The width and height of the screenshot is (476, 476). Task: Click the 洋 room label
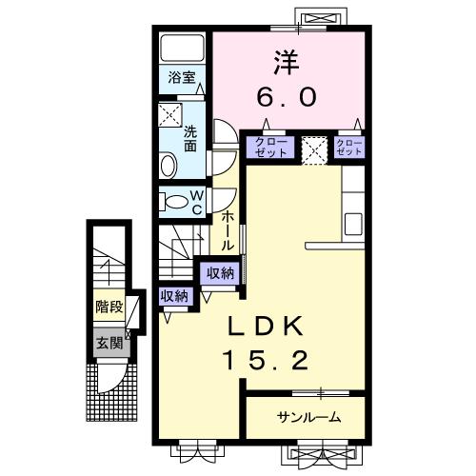pyautogui.click(x=288, y=63)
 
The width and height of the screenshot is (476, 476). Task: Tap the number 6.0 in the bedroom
pyautogui.click(x=288, y=96)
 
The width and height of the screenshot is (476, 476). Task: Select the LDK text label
pyautogui.click(x=266, y=327)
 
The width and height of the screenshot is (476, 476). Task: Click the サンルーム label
pyautogui.click(x=309, y=417)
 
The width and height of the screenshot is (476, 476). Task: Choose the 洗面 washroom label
pyautogui.click(x=190, y=140)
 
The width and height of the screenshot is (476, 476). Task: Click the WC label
pyautogui.click(x=197, y=202)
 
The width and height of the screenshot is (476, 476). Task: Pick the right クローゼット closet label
pyautogui.click(x=349, y=148)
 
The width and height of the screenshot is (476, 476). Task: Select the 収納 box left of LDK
pyautogui.click(x=173, y=296)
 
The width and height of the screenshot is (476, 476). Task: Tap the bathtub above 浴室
pyautogui.click(x=182, y=49)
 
